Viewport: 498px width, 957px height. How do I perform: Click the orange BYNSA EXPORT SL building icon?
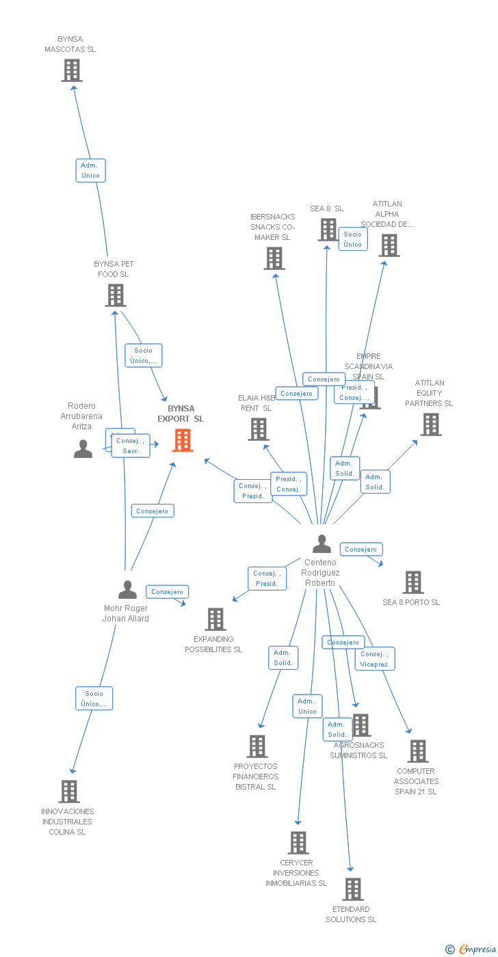point(182,440)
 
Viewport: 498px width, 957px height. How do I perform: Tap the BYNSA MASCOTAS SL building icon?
point(72,70)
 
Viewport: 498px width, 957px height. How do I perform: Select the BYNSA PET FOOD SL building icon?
point(116,295)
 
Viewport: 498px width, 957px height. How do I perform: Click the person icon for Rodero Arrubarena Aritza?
point(83,449)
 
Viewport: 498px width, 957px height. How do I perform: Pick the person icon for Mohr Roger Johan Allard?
point(127,590)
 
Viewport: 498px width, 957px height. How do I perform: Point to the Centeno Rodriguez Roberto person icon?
point(322,544)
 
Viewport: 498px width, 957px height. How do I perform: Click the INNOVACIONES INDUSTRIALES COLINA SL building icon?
point(69,792)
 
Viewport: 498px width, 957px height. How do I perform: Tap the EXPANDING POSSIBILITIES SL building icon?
point(215,619)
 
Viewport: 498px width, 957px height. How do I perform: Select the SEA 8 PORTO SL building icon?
point(412,582)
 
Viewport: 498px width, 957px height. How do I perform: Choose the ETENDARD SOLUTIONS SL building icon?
point(352,889)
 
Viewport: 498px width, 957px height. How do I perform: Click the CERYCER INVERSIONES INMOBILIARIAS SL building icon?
point(298,843)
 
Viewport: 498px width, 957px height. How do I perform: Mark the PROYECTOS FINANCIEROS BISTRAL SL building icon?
point(257,746)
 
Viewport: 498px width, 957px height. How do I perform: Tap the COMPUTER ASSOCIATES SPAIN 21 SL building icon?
point(417,751)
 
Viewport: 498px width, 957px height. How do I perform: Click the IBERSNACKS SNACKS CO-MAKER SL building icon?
point(274,258)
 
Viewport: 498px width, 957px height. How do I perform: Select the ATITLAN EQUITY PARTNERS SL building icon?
point(430,424)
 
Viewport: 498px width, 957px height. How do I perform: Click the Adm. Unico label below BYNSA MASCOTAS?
point(90,170)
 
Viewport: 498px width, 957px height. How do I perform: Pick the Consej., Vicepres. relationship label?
point(374,659)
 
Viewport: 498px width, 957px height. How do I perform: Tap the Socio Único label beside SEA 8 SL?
point(353,239)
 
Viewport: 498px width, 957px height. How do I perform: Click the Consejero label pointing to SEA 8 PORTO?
point(361,549)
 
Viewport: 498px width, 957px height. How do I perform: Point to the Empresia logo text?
point(477,949)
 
